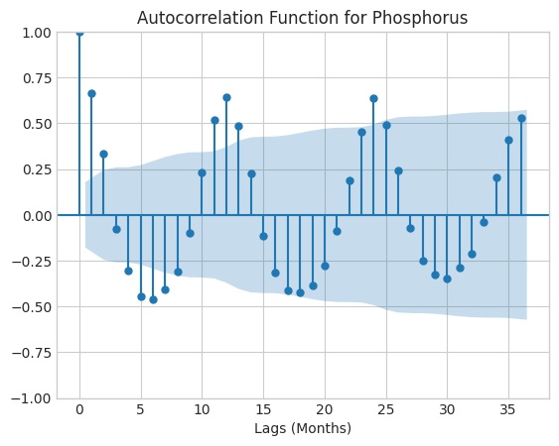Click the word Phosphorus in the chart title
(x=420, y=18)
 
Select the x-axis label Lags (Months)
(x=303, y=428)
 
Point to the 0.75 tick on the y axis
(x=37, y=78)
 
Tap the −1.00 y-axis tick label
(x=32, y=398)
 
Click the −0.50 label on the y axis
(x=32, y=307)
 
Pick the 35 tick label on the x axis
(x=507, y=410)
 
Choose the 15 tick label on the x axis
(x=263, y=410)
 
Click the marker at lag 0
(x=79, y=33)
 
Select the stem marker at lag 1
(x=91, y=93)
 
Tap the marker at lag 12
(x=226, y=97)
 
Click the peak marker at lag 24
(x=373, y=98)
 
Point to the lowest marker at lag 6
(x=153, y=299)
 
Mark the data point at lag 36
(x=521, y=119)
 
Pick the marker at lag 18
(x=300, y=293)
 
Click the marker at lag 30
(x=447, y=279)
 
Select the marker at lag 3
(x=116, y=230)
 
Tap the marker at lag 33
(x=484, y=222)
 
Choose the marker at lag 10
(x=202, y=173)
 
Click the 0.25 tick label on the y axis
(x=37, y=169)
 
